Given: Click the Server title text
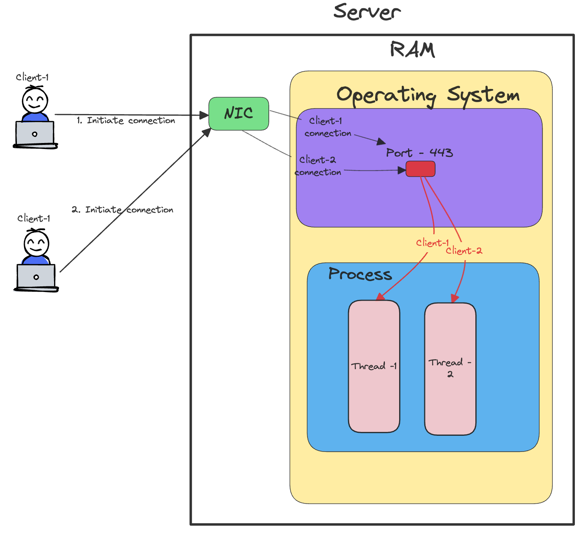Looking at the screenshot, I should tap(367, 12).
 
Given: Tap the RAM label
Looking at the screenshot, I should tap(412, 50).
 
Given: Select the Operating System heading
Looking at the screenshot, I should tap(428, 95).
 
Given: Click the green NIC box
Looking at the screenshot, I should tap(239, 113).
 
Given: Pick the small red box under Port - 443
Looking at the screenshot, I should tap(421, 169).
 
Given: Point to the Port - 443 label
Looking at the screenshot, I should tap(419, 153).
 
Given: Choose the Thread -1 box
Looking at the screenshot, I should tap(374, 366).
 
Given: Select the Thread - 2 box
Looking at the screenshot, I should tap(450, 369).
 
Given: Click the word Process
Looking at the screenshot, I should tap(360, 274).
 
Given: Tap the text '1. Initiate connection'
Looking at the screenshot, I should tap(126, 120).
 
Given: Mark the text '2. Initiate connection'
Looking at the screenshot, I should tap(123, 210).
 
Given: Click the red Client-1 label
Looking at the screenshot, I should tap(432, 243).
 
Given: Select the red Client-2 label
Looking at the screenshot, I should tap(464, 251).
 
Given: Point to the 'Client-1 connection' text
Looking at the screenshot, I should tap(327, 127).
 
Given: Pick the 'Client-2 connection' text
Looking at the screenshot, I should tap(318, 166).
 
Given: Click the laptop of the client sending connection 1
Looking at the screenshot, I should tap(35, 134).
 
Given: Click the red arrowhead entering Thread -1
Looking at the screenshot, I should tap(381, 297).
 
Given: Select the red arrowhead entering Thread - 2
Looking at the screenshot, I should tap(454, 299).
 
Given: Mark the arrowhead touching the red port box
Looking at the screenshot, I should tap(402, 170).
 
